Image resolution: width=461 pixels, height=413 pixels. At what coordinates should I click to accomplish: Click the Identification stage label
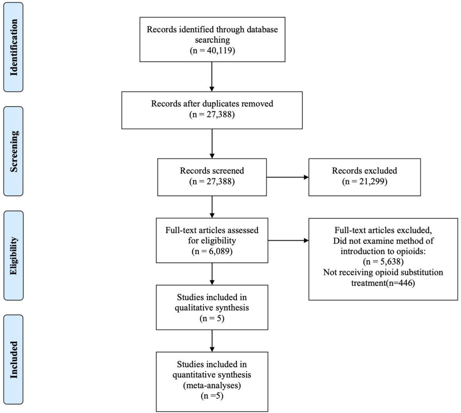pyautogui.click(x=13, y=47)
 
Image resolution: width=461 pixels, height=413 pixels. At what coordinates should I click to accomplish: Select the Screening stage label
pyautogui.click(x=13, y=151)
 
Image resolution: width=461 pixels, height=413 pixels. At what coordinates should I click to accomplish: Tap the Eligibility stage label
pyautogui.click(x=13, y=256)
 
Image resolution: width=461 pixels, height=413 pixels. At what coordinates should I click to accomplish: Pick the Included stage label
pyautogui.click(x=13, y=360)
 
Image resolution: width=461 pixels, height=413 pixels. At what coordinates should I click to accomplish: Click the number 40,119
pyautogui.click(x=219, y=50)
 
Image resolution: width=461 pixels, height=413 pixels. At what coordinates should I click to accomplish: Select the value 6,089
pyautogui.click(x=219, y=251)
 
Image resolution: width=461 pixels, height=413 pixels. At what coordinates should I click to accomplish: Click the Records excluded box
pyautogui.click(x=365, y=177)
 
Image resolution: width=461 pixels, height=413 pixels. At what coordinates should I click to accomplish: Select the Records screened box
pyautogui.click(x=212, y=177)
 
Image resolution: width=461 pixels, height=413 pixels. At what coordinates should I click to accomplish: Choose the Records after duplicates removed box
pyautogui.click(x=212, y=110)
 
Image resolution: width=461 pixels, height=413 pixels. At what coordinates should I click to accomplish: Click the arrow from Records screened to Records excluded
pyautogui.click(x=288, y=177)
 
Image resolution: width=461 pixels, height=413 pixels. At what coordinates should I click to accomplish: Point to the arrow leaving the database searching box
pyautogui.click(x=212, y=77)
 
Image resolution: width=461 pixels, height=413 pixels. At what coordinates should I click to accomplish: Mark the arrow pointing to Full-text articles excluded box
pyautogui.click(x=288, y=240)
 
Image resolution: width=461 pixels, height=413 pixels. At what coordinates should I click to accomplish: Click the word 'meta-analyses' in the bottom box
pyautogui.click(x=212, y=385)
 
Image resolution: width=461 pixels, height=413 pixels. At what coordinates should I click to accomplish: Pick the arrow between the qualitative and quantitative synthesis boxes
pyautogui.click(x=212, y=341)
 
